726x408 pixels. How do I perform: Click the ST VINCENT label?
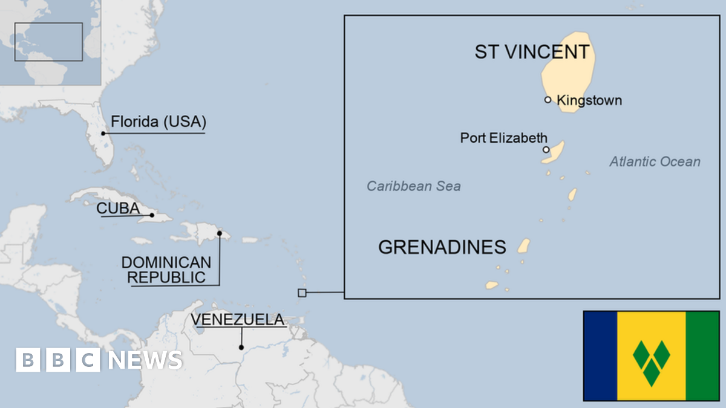coord(531,52)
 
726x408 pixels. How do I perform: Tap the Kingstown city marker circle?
coord(548,100)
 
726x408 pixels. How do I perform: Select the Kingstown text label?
coord(589,100)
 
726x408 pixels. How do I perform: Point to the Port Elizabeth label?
coord(503,138)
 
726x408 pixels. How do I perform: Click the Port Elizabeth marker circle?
coord(546,149)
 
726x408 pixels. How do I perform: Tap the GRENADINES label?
coord(442,247)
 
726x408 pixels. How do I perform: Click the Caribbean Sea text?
coord(413,186)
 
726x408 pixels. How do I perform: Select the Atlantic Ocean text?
coord(655,161)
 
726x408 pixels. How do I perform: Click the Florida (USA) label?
coord(158,122)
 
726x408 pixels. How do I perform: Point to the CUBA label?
coord(118,209)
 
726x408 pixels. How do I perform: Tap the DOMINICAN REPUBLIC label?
coord(166,270)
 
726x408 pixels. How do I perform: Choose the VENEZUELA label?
coord(237,320)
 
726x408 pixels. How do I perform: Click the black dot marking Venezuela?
coord(241,347)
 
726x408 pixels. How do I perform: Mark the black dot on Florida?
coord(103,133)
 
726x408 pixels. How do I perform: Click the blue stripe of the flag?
coord(600,355)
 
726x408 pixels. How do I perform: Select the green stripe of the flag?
coord(702,355)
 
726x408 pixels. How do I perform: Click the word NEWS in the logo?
coord(145,360)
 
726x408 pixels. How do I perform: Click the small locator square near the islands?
coord(302,293)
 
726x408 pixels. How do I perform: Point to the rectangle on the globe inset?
coord(48,42)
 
